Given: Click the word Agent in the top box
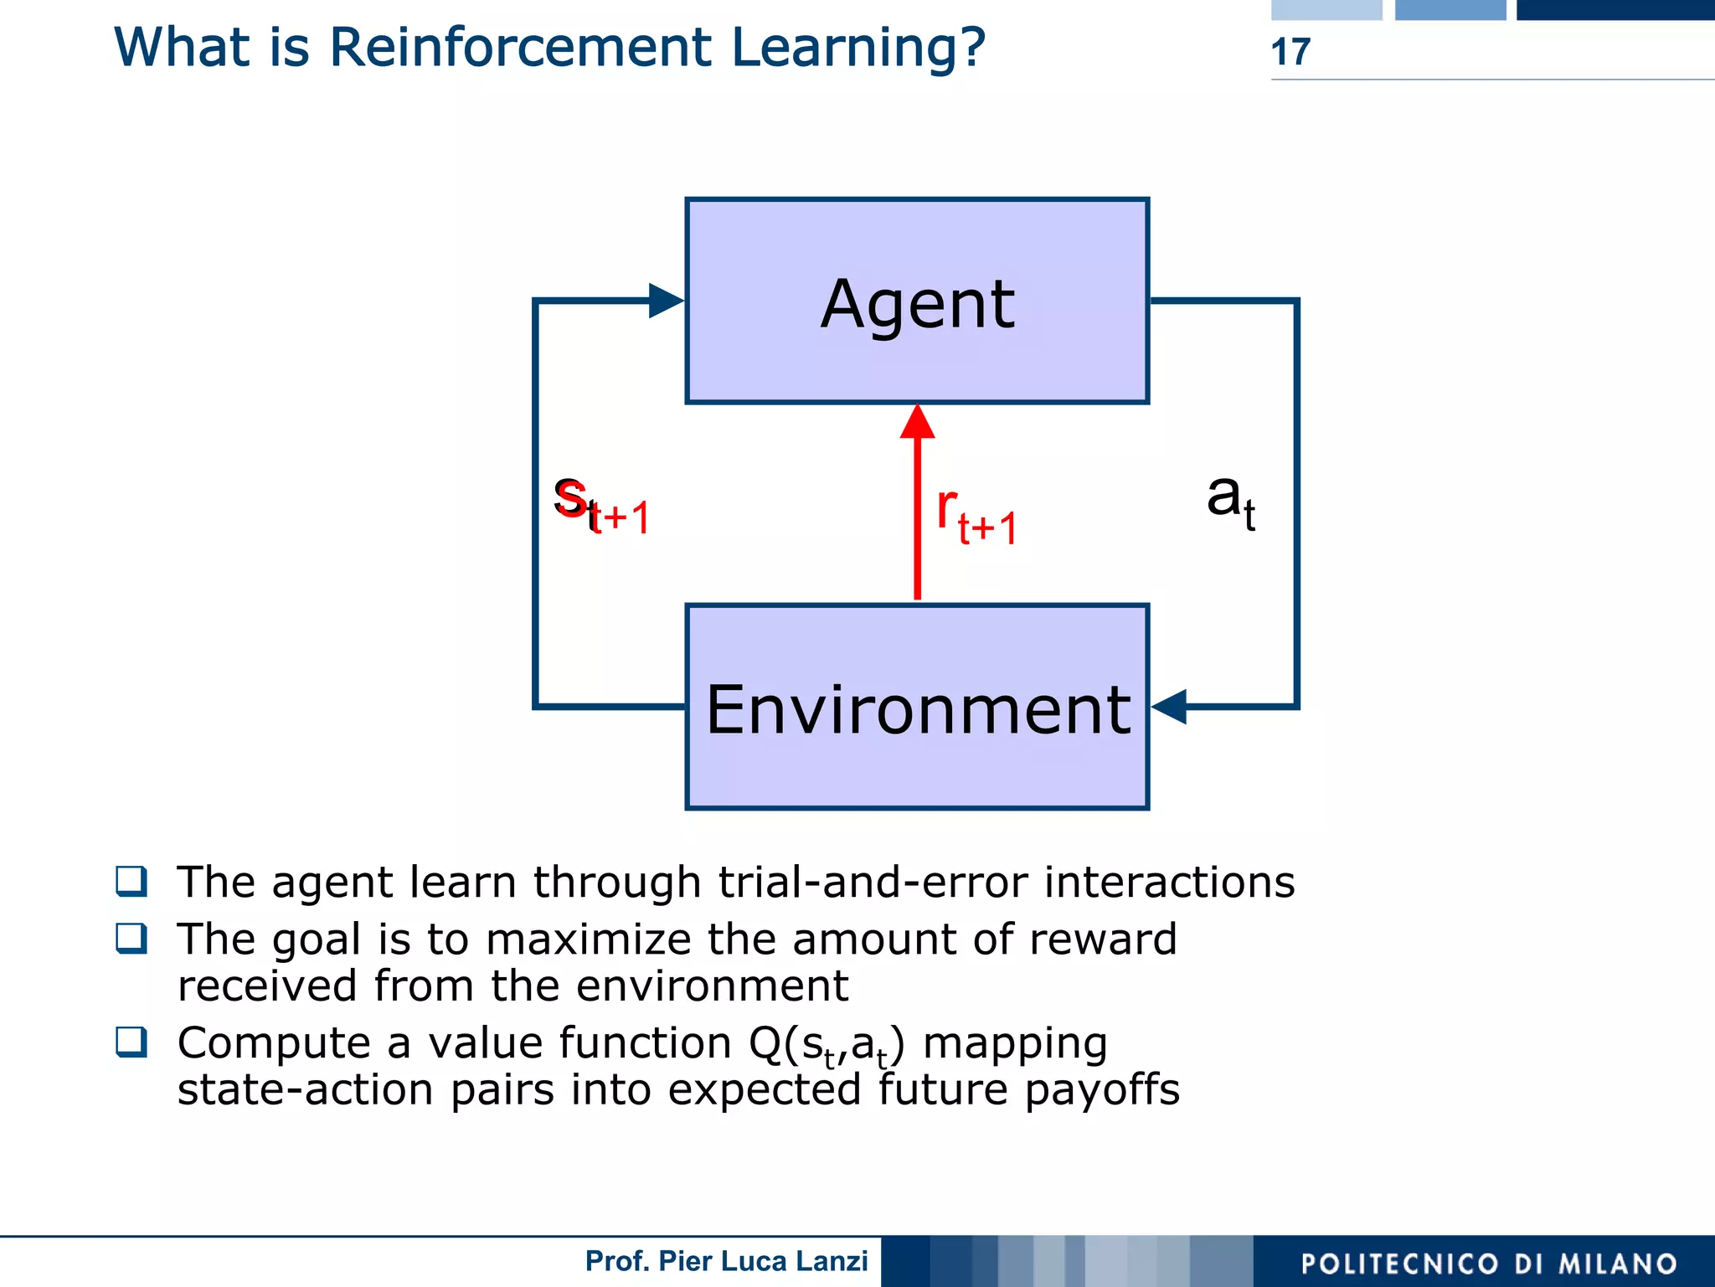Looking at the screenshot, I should coord(917,304).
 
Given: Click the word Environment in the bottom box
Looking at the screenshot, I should coord(918,710).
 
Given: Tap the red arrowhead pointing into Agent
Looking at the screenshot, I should coord(918,423).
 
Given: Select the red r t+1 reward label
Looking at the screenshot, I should coord(976,516).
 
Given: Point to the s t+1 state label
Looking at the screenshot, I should coord(601,505).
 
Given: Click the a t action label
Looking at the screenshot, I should coord(1230,500).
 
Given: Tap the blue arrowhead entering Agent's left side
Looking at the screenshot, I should coord(666,301).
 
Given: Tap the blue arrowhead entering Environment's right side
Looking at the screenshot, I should coord(1170,707).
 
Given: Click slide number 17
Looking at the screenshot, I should coord(1290,52).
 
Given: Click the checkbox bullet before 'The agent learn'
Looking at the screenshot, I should coord(131,881).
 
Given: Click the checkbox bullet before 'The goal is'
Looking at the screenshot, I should coord(131,938).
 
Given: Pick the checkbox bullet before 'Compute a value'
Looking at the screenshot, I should coord(131,1042).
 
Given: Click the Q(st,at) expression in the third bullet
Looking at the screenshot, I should coord(827,1045).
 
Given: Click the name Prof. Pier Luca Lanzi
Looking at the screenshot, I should coord(726,1261).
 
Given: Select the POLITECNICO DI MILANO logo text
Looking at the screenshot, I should coord(1489,1264).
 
